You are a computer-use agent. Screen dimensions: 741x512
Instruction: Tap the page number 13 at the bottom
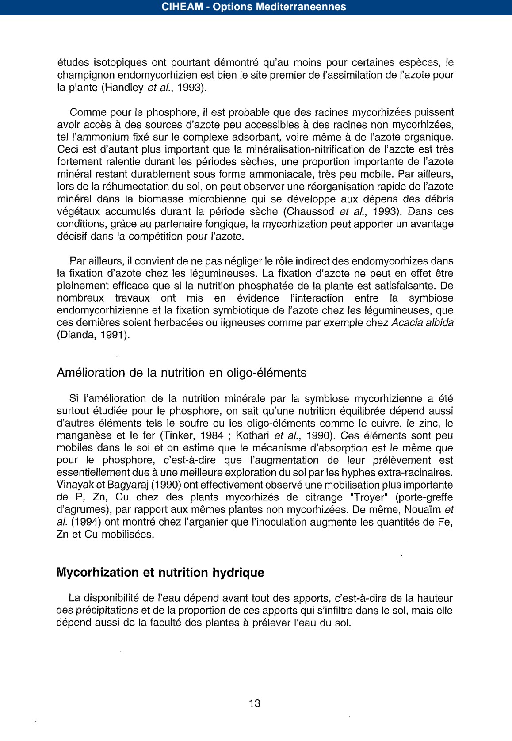pyautogui.click(x=255, y=703)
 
